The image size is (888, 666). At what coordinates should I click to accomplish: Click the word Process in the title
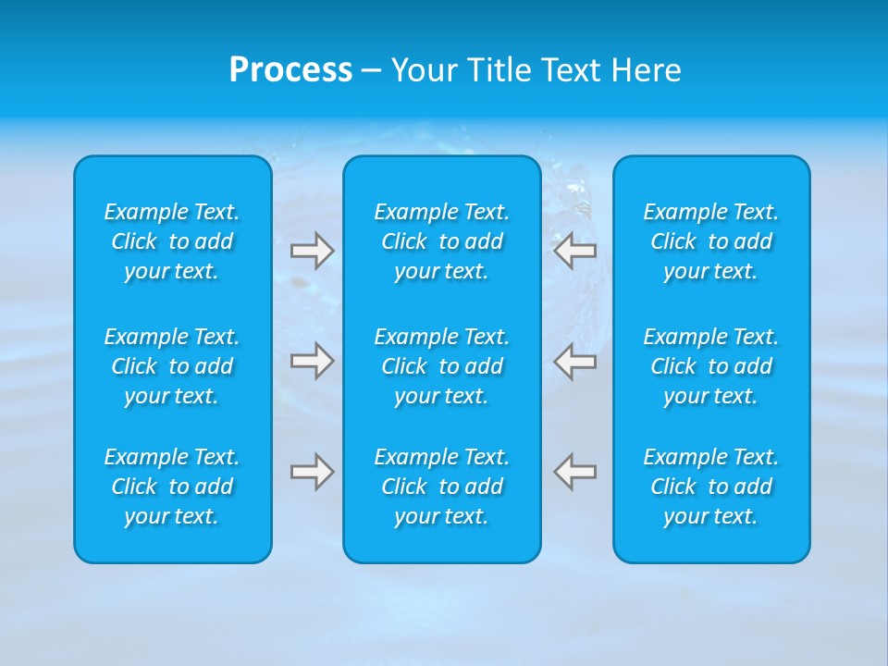(x=290, y=70)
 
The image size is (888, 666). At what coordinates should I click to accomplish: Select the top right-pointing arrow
(x=312, y=251)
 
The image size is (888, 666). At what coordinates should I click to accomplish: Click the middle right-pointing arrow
(x=312, y=360)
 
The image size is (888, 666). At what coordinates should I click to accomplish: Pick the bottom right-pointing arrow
(x=312, y=472)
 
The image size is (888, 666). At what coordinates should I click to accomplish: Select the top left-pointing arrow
(x=575, y=251)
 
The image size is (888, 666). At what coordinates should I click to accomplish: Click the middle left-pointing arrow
(x=575, y=360)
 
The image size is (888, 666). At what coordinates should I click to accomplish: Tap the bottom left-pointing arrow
(x=575, y=472)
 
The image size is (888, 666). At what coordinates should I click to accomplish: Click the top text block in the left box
(x=172, y=241)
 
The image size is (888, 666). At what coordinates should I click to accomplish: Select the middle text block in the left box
(x=172, y=366)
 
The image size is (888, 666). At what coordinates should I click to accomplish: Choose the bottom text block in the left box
(x=172, y=487)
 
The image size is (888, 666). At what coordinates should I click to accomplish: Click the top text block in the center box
(x=441, y=241)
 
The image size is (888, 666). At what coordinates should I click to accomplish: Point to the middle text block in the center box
(x=441, y=366)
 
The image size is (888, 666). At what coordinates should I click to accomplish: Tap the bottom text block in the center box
(x=441, y=487)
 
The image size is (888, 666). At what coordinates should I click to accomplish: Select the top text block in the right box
(x=711, y=241)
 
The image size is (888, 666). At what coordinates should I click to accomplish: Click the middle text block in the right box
(x=711, y=366)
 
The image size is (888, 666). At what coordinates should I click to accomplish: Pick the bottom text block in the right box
(x=711, y=487)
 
